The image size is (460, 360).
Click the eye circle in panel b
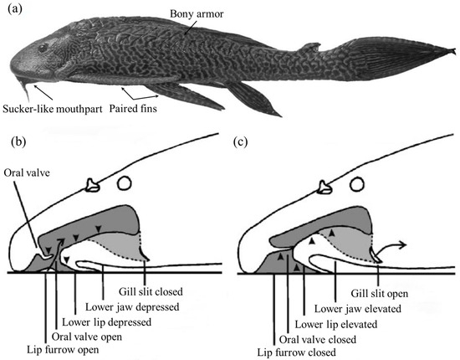click(x=124, y=182)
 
